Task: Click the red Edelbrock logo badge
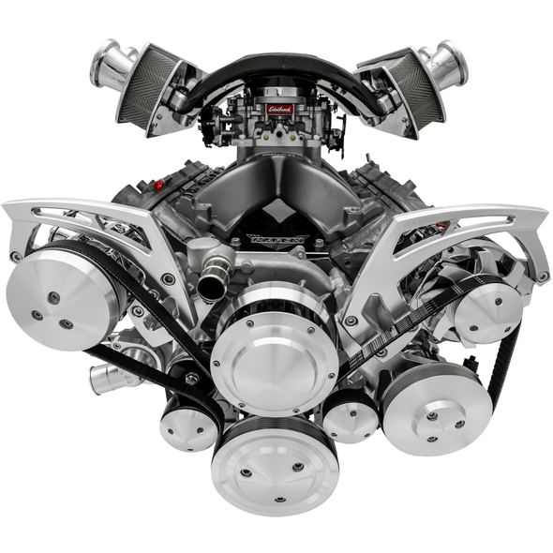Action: coord(279,110)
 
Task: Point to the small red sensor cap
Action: coord(158,185)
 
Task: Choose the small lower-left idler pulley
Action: coord(188,427)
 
